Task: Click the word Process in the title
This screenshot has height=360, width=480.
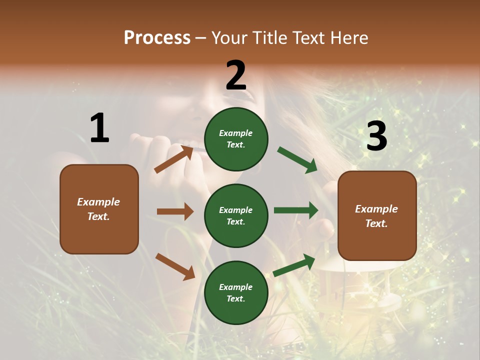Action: (157, 38)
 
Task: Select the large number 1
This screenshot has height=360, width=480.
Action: (99, 128)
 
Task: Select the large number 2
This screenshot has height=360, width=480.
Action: (236, 75)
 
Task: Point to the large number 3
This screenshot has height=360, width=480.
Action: (376, 136)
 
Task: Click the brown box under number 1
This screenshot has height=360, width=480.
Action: (99, 209)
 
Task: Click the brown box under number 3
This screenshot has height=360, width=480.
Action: (377, 216)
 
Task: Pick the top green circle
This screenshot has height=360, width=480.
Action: (236, 139)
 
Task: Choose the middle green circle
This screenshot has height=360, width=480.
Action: (236, 215)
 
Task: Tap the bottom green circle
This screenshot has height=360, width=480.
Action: (236, 292)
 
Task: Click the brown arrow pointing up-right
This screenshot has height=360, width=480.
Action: (174, 159)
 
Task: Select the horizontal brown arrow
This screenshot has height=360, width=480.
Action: (175, 211)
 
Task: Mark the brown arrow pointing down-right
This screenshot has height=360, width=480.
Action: (175, 266)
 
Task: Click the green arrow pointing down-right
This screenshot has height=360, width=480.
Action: (297, 159)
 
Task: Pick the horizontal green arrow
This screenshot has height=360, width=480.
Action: (296, 210)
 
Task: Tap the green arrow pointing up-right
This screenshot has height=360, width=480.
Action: (294, 265)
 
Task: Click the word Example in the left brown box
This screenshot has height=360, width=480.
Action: (98, 202)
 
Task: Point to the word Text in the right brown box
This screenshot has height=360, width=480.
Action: (376, 223)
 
